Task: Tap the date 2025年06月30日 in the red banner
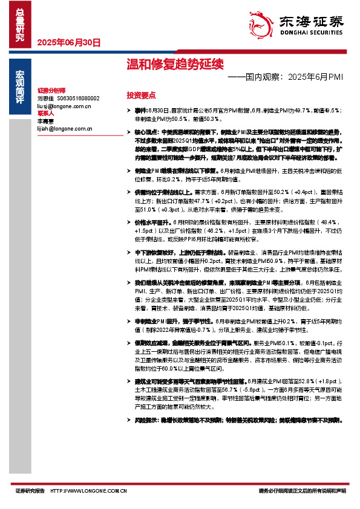click(69, 43)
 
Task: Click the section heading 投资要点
click(140, 95)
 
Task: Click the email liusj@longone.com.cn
click(64, 106)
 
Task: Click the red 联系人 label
click(46, 113)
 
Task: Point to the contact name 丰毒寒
click(46, 121)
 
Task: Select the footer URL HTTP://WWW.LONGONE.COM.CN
click(88, 491)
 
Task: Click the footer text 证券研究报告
click(30, 491)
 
